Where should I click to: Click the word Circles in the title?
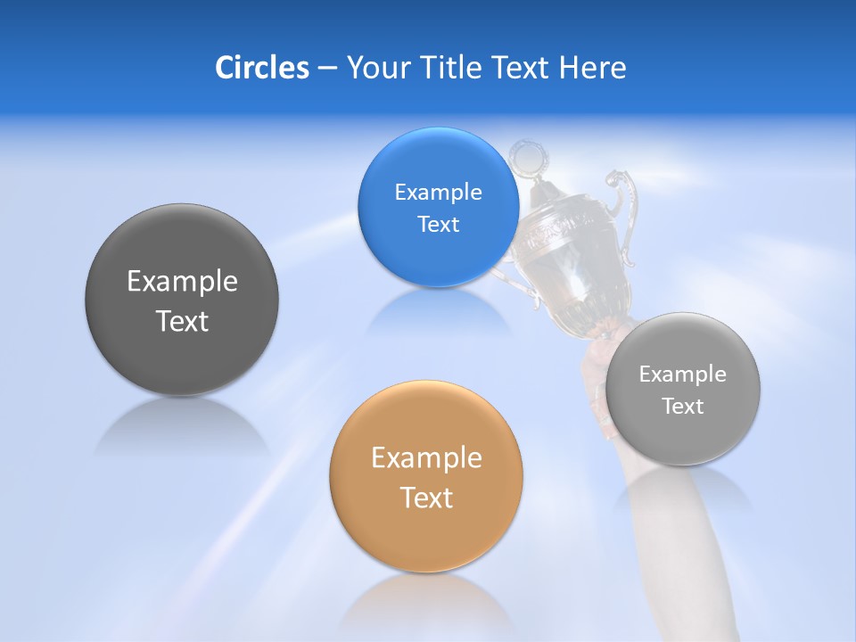(261, 68)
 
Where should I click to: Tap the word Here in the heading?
(593, 68)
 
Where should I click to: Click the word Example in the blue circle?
(438, 193)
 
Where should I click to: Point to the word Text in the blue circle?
(438, 225)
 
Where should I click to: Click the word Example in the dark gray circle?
(182, 282)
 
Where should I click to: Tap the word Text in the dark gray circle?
(182, 322)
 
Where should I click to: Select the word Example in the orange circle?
(426, 458)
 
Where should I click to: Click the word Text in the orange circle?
(426, 498)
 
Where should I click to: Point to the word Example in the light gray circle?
(683, 374)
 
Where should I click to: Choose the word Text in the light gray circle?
(683, 407)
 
